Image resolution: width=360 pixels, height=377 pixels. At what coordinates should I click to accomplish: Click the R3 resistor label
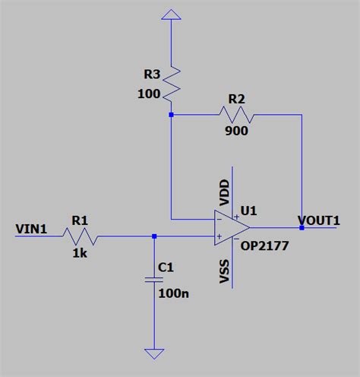pyautogui.click(x=153, y=74)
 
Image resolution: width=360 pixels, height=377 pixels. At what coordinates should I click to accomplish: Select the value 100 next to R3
pyautogui.click(x=150, y=94)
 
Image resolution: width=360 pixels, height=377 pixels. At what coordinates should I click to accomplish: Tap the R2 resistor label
pyautogui.click(x=237, y=100)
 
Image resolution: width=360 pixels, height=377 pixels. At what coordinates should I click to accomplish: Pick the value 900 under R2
pyautogui.click(x=235, y=130)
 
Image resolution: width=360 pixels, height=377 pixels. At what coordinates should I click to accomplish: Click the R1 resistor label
pyautogui.click(x=80, y=220)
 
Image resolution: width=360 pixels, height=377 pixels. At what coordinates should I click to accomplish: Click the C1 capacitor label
pyautogui.click(x=166, y=268)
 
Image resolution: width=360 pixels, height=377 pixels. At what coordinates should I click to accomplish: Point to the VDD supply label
pyautogui.click(x=225, y=192)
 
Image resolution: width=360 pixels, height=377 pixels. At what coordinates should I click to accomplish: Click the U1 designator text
pyautogui.click(x=248, y=211)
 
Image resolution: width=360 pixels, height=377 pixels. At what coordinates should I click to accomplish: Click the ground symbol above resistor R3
pyautogui.click(x=172, y=14)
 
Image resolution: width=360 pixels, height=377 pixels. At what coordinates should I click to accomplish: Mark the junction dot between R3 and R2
pyautogui.click(x=172, y=115)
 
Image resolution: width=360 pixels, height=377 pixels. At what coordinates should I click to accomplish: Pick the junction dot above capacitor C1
pyautogui.click(x=154, y=236)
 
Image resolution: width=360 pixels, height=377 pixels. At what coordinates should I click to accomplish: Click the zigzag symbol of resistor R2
pyautogui.click(x=236, y=115)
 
